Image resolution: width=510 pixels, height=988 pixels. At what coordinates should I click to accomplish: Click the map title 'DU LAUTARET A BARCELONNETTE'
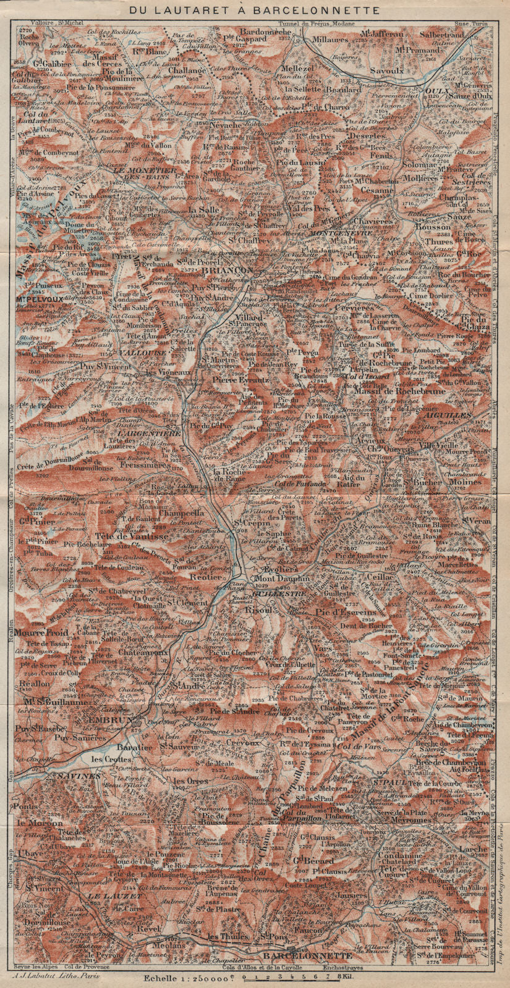point(255,10)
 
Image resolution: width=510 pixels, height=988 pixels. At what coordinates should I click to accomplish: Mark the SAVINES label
point(75,774)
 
